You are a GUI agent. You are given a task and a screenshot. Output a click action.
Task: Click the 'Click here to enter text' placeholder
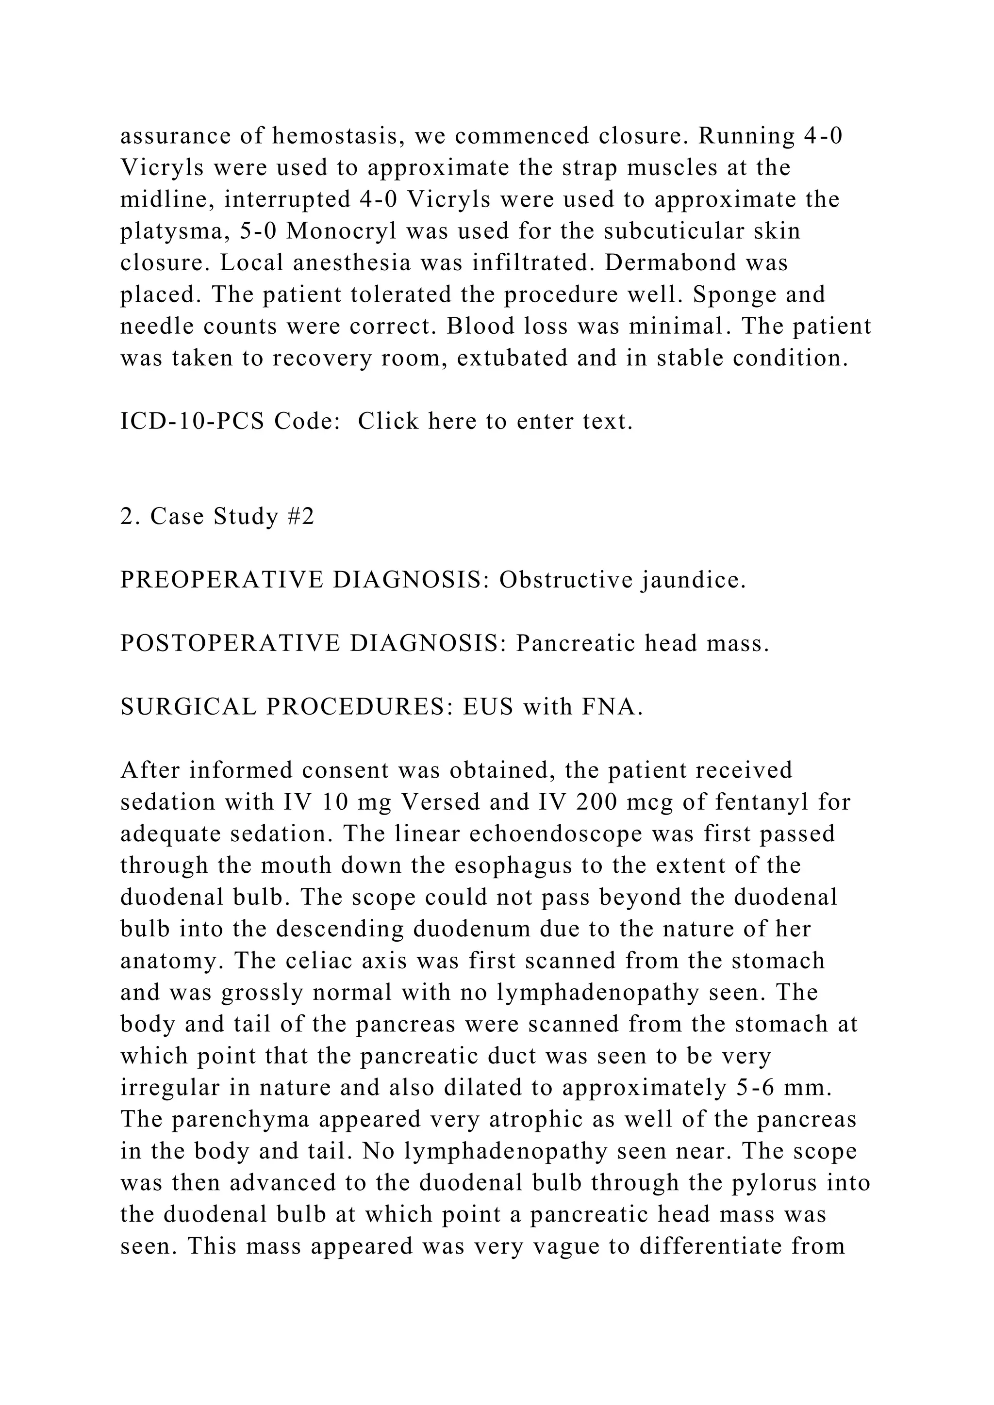tap(495, 421)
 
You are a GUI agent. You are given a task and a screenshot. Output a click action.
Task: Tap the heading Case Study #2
tap(217, 517)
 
